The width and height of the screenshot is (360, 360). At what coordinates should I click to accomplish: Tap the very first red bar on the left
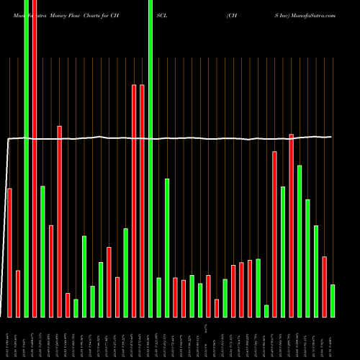click(x=9, y=252)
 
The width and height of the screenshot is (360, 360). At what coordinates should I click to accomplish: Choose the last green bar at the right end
click(x=333, y=301)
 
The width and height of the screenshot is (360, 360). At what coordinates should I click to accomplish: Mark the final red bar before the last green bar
click(x=324, y=287)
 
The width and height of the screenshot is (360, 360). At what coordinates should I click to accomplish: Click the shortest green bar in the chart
click(x=266, y=311)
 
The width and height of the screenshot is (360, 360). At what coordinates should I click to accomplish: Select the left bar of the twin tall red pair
click(x=134, y=202)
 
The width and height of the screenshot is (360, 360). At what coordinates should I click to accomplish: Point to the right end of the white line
click(x=331, y=137)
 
